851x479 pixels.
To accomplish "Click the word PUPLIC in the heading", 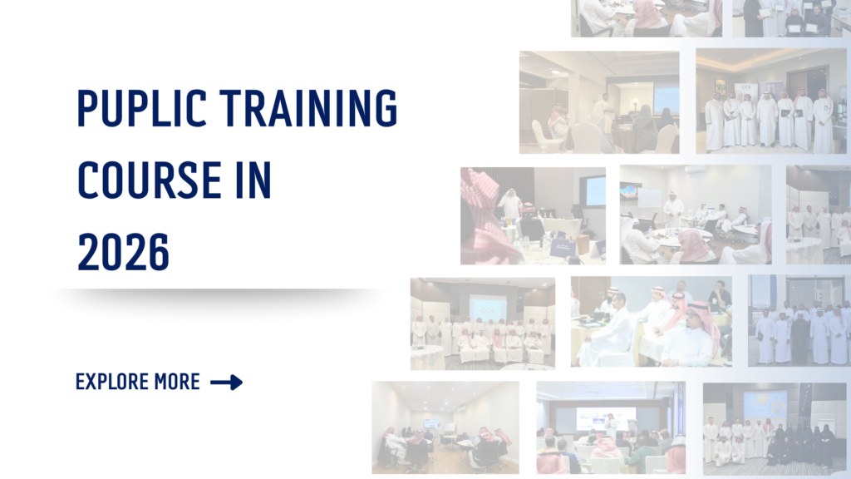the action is coord(141,108).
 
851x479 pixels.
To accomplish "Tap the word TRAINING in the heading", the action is coord(308,108).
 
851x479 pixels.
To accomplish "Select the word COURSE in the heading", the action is coord(150,180).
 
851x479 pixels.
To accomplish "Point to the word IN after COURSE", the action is coord(253,180).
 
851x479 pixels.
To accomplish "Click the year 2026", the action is coord(123,252).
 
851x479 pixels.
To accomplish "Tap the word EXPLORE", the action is coord(112,382).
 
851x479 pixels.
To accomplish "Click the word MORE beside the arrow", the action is coord(177,382).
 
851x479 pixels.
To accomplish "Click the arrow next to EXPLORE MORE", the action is coord(226,383).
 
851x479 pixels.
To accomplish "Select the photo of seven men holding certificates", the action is coord(770,101).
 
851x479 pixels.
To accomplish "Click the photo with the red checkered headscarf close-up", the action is coord(533,215).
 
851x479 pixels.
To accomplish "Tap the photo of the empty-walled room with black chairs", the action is coord(445,427).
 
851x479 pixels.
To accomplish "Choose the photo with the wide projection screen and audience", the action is coord(611,427).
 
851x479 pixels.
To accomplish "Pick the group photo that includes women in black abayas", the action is coord(775,429).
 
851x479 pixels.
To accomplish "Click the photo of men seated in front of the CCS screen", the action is coord(483,323).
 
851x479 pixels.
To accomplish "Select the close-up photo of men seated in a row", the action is coord(652,322).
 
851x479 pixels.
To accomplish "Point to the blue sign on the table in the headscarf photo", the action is coord(563,248).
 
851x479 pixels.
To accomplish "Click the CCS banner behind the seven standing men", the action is coord(746,92).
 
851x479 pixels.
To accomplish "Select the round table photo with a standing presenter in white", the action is coord(696,215).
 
